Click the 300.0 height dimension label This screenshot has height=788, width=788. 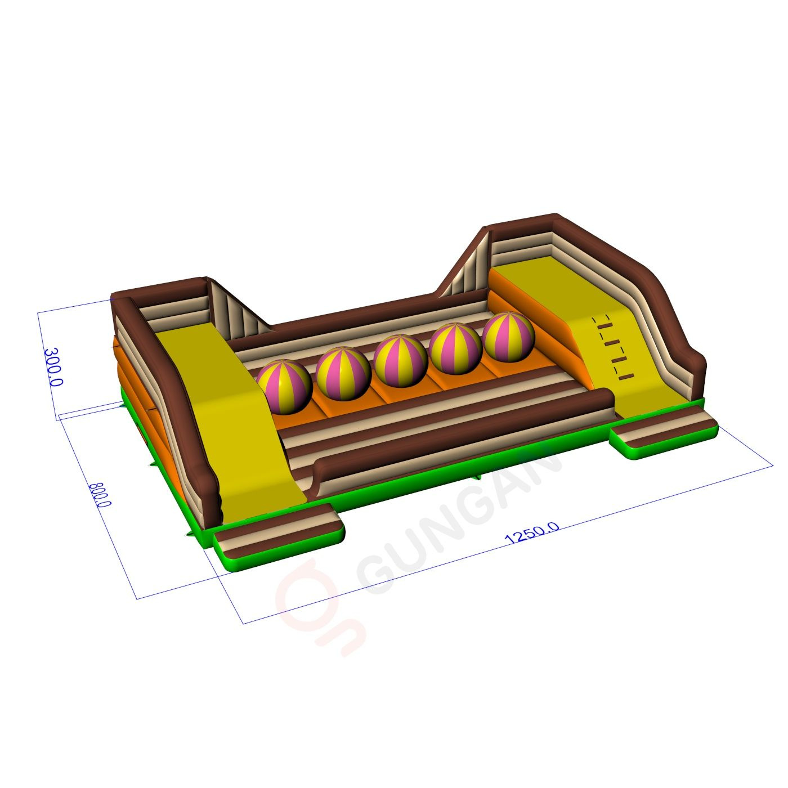53,367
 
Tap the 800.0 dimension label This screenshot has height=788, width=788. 100,495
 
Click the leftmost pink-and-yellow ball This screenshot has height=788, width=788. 285,387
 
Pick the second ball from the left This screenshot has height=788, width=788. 343,373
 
